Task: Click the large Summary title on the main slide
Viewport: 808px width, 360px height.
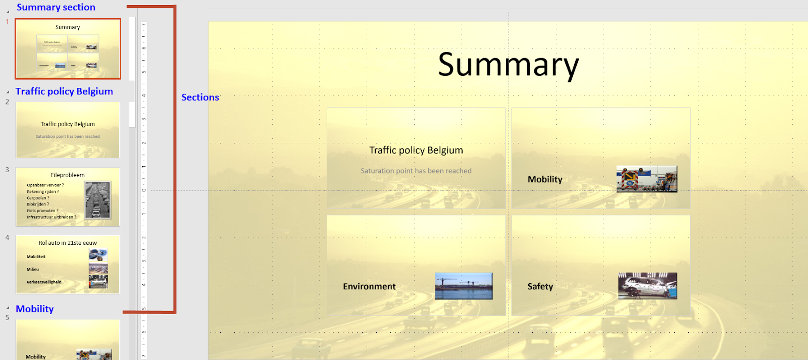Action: click(x=508, y=65)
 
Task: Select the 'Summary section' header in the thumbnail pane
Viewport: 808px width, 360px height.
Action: click(x=56, y=7)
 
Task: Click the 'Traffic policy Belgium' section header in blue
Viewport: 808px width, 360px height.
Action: click(x=64, y=91)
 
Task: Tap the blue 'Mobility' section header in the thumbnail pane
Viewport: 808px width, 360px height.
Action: click(x=34, y=309)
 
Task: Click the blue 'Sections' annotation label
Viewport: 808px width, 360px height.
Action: click(x=200, y=97)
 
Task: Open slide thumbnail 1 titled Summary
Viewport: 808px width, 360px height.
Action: click(x=68, y=49)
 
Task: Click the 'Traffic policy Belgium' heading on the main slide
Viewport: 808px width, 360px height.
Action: click(x=416, y=150)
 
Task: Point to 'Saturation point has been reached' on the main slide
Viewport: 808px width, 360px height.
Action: click(x=416, y=171)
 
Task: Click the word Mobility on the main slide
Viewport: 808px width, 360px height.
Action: click(x=545, y=179)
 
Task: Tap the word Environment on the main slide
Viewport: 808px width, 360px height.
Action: click(x=369, y=286)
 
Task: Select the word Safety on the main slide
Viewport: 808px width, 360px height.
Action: click(x=540, y=286)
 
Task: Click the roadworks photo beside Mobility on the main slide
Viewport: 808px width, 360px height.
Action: click(x=646, y=179)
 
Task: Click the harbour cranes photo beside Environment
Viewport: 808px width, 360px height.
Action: click(x=464, y=286)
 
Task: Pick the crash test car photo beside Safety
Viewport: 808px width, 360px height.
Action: click(x=647, y=286)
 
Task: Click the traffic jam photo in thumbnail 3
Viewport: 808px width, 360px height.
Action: click(x=97, y=200)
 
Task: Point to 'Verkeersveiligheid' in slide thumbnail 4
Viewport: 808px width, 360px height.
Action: click(x=44, y=282)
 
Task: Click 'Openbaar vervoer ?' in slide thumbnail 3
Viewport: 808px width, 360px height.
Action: click(x=45, y=185)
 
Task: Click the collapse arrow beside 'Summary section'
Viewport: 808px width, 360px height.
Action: click(x=8, y=11)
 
